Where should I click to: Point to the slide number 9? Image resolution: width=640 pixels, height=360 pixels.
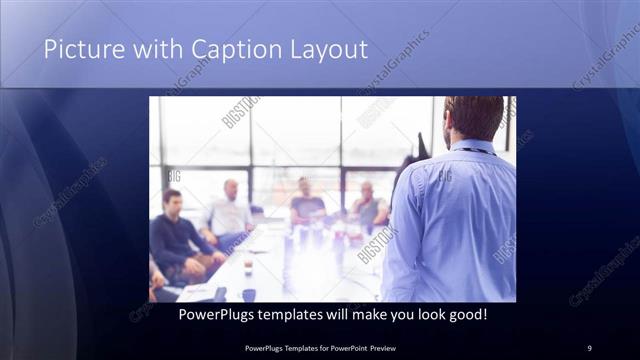point(589,347)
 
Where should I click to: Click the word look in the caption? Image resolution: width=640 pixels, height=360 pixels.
point(425,314)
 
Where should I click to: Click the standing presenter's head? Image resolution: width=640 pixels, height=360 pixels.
point(473,119)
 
